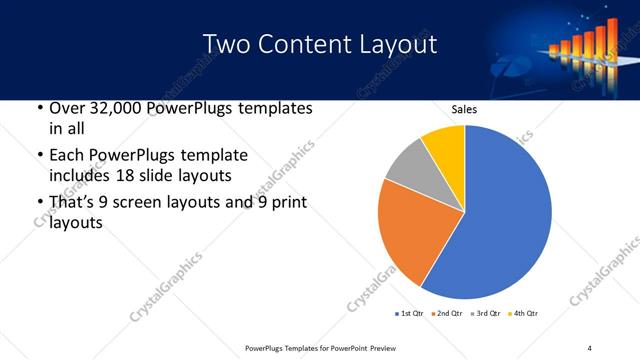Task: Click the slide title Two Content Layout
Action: click(319, 45)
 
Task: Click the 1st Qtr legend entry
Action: click(409, 314)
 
